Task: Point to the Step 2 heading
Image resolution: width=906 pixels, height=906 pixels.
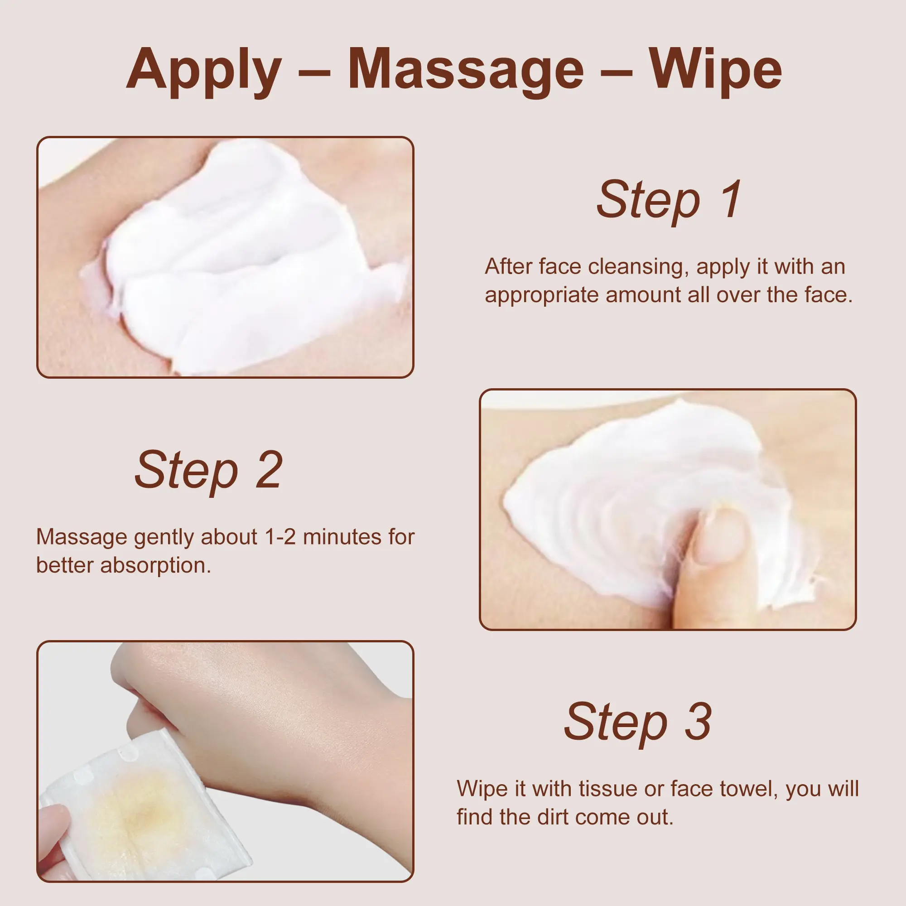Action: point(208,470)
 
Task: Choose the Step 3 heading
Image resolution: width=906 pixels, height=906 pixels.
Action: point(638,722)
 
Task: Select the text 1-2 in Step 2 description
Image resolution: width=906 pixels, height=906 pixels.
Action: point(280,537)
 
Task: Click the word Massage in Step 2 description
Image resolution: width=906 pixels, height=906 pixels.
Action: point(82,537)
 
